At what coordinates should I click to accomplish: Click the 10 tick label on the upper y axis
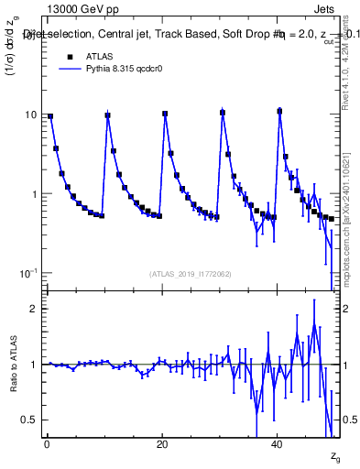pyautogui.click(x=31, y=115)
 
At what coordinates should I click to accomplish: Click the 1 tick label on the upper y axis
pyautogui.click(x=34, y=194)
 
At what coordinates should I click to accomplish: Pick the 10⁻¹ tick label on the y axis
pyautogui.click(x=29, y=274)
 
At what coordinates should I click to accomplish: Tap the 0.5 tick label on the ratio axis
pyautogui.click(x=30, y=420)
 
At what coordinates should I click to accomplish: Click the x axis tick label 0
pyautogui.click(x=47, y=444)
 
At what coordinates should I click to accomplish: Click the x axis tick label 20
pyautogui.click(x=162, y=444)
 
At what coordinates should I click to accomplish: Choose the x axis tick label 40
pyautogui.click(x=278, y=444)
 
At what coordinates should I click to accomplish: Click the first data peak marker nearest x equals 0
pyautogui.click(x=50, y=116)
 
